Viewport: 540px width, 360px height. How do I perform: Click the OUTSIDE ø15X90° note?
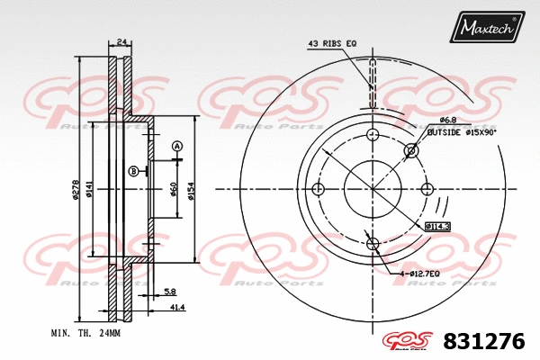(462, 131)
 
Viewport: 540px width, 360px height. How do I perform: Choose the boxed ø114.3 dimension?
(437, 226)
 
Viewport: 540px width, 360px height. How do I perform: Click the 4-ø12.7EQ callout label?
(420, 273)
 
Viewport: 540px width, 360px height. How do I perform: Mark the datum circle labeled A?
(177, 146)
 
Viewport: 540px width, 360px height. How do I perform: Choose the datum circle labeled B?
(133, 171)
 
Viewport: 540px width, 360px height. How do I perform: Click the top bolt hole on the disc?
(373, 134)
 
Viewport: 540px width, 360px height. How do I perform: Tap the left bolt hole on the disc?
(317, 189)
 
